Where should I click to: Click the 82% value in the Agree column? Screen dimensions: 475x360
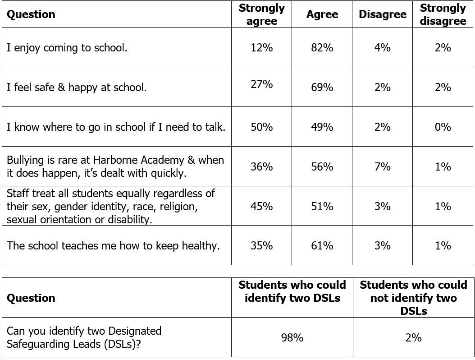(322, 48)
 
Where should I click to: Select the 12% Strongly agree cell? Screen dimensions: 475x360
(262, 48)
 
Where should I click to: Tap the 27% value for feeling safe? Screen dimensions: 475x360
(262, 84)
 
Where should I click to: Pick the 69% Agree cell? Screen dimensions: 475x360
(322, 88)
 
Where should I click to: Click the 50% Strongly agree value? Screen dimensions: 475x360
(262, 127)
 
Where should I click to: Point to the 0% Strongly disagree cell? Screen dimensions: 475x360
(443, 127)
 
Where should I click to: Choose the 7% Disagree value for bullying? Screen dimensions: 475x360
(383, 166)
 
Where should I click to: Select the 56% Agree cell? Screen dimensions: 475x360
(322, 166)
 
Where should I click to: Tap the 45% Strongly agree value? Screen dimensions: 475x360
(262, 206)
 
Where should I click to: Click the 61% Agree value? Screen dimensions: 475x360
(322, 245)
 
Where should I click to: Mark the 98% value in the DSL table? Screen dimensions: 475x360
(292, 337)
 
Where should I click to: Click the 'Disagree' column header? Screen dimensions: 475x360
(383, 14)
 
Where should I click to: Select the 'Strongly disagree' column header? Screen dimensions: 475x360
(443, 14)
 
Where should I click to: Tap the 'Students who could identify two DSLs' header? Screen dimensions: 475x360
(292, 291)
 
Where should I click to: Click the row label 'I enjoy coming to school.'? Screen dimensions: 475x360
(67, 48)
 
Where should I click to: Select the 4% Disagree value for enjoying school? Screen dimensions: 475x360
(383, 48)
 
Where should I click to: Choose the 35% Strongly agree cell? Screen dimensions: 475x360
(262, 245)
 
